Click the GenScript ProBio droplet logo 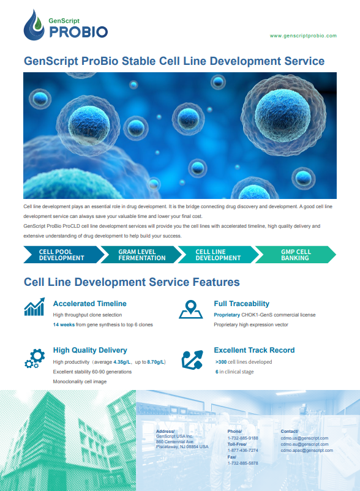pyautogui.click(x=34, y=25)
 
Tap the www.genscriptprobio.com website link pyautogui.click(x=303, y=36)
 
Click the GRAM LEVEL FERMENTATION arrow pyautogui.click(x=141, y=255)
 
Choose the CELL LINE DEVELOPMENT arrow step pyautogui.click(x=218, y=255)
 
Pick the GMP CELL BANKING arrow pyautogui.click(x=296, y=255)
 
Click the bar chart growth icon pyautogui.click(x=34, y=307)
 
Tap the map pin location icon pyautogui.click(x=190, y=309)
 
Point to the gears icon pyautogui.click(x=35, y=359)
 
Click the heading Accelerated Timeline pyautogui.click(x=90, y=304)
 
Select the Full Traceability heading pyautogui.click(x=242, y=304)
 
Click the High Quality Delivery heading pyautogui.click(x=90, y=350)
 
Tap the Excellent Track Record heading pyautogui.click(x=254, y=350)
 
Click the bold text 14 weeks pyautogui.click(x=64, y=324)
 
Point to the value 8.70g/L pyautogui.click(x=156, y=362)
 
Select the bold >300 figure pyautogui.click(x=221, y=362)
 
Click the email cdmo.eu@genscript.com pyautogui.click(x=304, y=444)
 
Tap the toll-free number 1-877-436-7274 pyautogui.click(x=243, y=451)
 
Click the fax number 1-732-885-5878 pyautogui.click(x=243, y=463)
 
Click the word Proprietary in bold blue pyautogui.click(x=227, y=315)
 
